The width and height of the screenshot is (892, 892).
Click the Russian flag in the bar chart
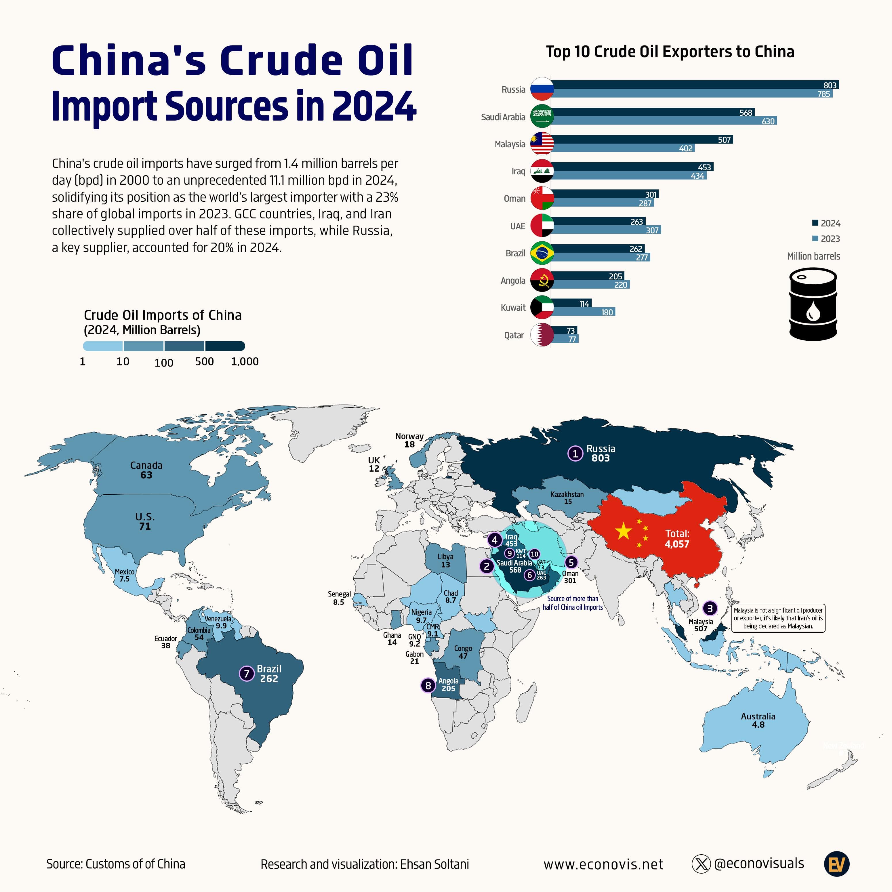(x=542, y=89)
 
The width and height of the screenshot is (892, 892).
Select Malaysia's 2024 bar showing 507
(x=642, y=140)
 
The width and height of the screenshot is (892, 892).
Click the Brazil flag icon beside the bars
(x=542, y=253)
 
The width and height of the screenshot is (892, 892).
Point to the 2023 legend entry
(x=826, y=239)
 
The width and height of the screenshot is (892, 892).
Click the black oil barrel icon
(x=813, y=304)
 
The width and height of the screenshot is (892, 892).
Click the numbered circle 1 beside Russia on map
(x=575, y=453)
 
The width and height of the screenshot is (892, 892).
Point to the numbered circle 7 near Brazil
(x=247, y=674)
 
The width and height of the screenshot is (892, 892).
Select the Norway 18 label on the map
(x=409, y=440)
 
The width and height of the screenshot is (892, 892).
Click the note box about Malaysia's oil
(x=778, y=618)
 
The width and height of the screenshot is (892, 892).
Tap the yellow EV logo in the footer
(x=836, y=864)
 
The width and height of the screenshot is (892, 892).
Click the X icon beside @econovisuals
(x=701, y=864)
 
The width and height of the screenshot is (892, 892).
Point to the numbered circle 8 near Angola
(x=428, y=685)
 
